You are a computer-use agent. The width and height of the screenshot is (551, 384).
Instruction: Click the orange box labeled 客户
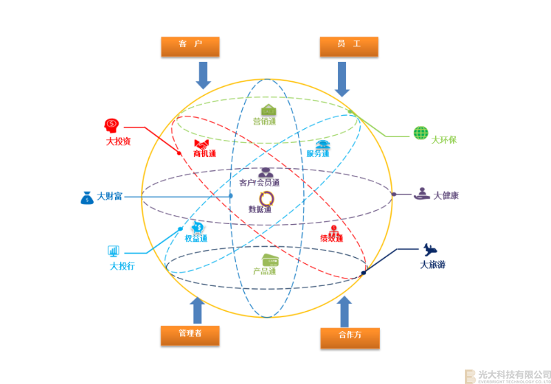pyautogui.click(x=190, y=46)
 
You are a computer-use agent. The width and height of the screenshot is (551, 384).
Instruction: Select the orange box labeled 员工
pyautogui.click(x=350, y=46)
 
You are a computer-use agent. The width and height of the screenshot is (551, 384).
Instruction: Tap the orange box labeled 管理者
pyautogui.click(x=190, y=334)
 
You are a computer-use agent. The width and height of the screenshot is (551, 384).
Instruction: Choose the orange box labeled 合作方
pyautogui.click(x=350, y=336)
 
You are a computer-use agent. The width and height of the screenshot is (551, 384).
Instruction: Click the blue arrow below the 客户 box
pyautogui.click(x=203, y=74)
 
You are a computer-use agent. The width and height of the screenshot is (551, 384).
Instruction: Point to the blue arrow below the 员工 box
pyautogui.click(x=343, y=78)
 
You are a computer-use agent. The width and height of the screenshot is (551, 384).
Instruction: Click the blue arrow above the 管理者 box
pyautogui.click(x=197, y=310)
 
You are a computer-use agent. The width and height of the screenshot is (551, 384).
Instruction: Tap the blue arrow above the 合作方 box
pyautogui.click(x=345, y=311)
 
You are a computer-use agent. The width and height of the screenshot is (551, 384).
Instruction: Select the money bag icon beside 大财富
pyautogui.click(x=86, y=197)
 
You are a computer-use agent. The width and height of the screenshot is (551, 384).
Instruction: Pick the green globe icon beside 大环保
pyautogui.click(x=421, y=132)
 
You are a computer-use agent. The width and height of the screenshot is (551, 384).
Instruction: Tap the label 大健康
pyautogui.click(x=445, y=196)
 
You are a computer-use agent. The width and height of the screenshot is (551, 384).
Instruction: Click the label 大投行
pyautogui.click(x=122, y=266)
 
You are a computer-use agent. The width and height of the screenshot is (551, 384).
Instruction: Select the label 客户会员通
pyautogui.click(x=259, y=183)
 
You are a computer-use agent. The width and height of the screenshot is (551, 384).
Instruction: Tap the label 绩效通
pyautogui.click(x=331, y=239)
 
